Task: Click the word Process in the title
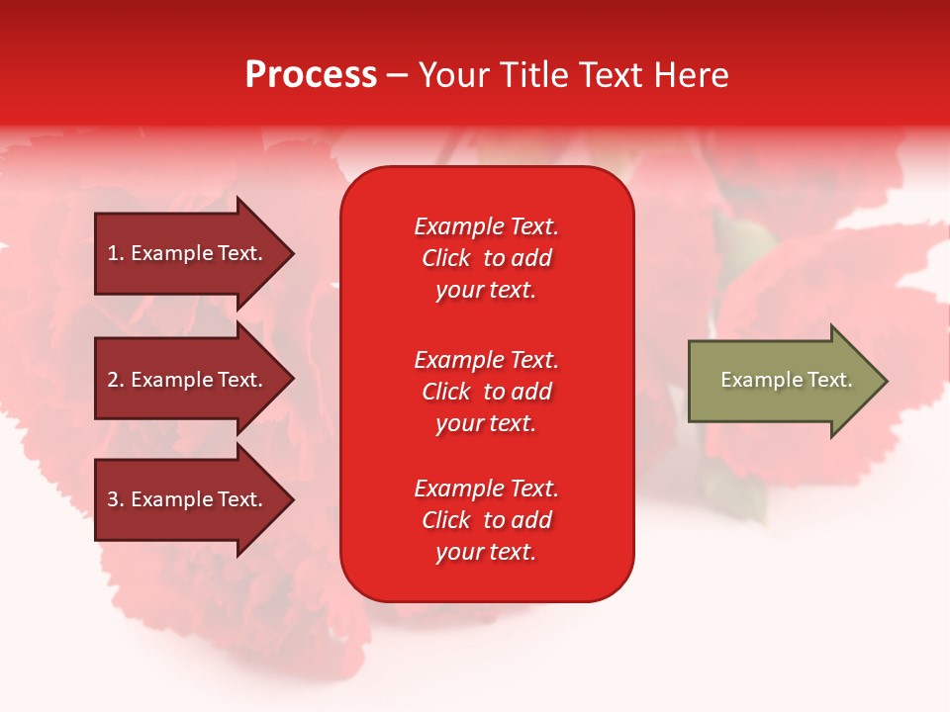[312, 75]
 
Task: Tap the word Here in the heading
[691, 75]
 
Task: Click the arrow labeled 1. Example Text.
[194, 253]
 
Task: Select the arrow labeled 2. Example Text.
[194, 379]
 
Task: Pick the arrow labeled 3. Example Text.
[194, 499]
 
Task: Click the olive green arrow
[788, 381]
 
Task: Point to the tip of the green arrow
[888, 381]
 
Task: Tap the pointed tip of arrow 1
[294, 253]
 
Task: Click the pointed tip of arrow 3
[294, 499]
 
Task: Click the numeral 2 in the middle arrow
[113, 380]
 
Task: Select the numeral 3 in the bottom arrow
[113, 499]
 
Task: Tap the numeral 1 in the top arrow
[113, 253]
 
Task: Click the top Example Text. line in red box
[487, 226]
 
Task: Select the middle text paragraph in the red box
[487, 392]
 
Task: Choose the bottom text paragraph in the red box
[487, 520]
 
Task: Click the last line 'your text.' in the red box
[486, 552]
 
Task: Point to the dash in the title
[398, 77]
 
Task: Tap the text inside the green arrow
[787, 380]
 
